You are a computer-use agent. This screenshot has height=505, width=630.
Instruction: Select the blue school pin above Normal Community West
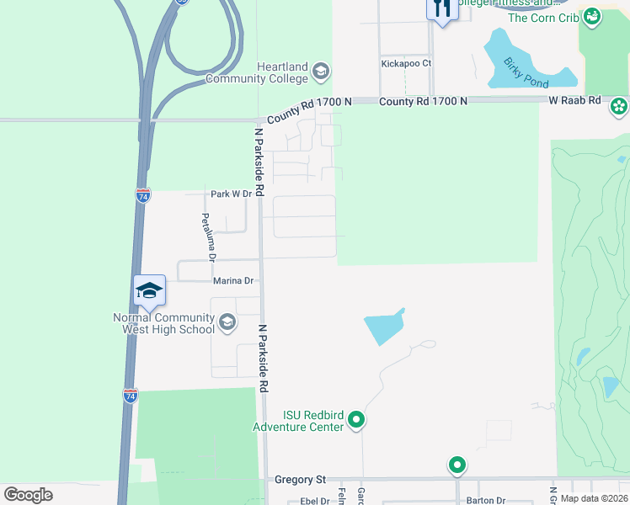149,291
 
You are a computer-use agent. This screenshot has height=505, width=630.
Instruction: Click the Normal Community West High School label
164,323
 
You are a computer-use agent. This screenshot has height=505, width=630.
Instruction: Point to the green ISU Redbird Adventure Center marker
356,418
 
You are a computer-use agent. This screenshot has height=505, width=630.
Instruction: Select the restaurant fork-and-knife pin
442,8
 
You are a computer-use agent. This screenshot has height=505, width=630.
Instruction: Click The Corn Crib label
543,18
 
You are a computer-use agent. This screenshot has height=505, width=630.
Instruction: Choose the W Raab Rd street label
574,100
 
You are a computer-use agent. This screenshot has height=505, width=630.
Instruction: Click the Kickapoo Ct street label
406,63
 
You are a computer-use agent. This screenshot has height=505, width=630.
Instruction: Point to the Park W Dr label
232,194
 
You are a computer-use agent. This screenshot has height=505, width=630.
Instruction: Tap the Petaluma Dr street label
208,237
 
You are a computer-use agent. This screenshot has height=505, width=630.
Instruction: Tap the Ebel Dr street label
313,501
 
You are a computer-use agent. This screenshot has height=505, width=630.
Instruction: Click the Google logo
29,495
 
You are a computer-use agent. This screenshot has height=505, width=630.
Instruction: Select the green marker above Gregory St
457,464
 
